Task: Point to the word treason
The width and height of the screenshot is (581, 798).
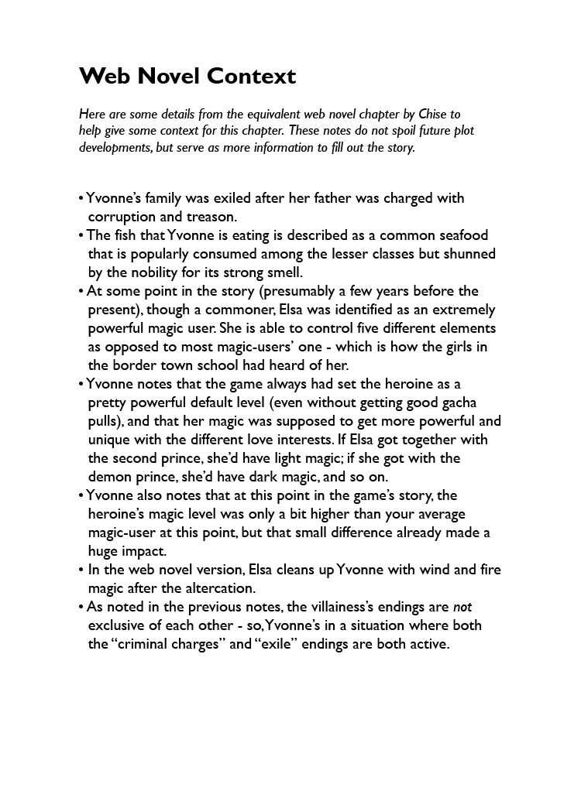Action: click(211, 217)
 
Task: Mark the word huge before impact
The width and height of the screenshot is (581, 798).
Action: click(105, 551)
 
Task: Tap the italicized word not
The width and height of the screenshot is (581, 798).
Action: click(462, 607)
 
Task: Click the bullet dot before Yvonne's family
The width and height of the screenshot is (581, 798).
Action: click(81, 199)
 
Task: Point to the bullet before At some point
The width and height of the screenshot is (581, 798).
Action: click(81, 292)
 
